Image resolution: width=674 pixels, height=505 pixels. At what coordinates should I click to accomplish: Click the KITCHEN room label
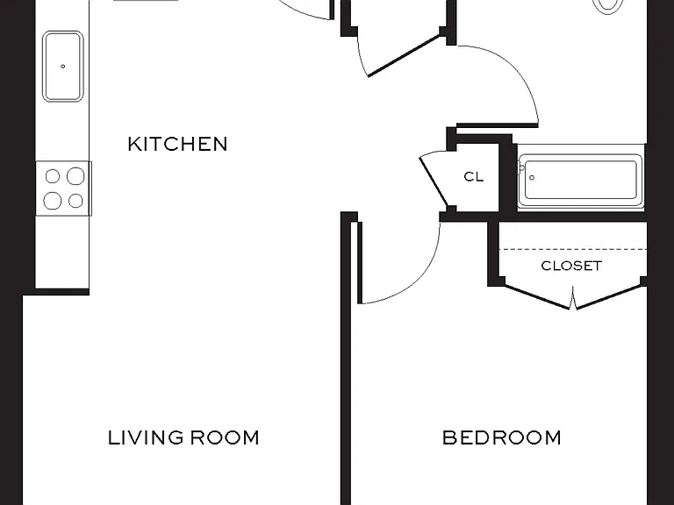(177, 144)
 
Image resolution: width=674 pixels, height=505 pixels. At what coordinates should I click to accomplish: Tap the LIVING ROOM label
(183, 437)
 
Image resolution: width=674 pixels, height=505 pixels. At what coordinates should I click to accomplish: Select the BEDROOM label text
(502, 437)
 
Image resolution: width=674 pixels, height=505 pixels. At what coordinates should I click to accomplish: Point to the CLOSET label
(571, 266)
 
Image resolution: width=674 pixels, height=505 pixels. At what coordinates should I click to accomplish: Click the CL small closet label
(474, 176)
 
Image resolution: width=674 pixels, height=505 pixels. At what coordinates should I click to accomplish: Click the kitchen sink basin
(63, 66)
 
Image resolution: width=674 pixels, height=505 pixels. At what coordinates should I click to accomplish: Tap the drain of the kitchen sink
(63, 66)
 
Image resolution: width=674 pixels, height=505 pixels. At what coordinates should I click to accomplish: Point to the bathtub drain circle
(532, 177)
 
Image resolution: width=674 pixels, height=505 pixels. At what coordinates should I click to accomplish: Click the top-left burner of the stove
(53, 176)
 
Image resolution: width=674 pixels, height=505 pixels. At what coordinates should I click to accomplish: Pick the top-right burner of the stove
(75, 175)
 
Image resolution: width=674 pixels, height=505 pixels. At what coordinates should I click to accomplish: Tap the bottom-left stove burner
(53, 201)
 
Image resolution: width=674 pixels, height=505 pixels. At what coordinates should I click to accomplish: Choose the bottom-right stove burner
(75, 201)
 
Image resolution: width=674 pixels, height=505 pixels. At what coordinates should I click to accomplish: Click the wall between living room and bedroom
(346, 358)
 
